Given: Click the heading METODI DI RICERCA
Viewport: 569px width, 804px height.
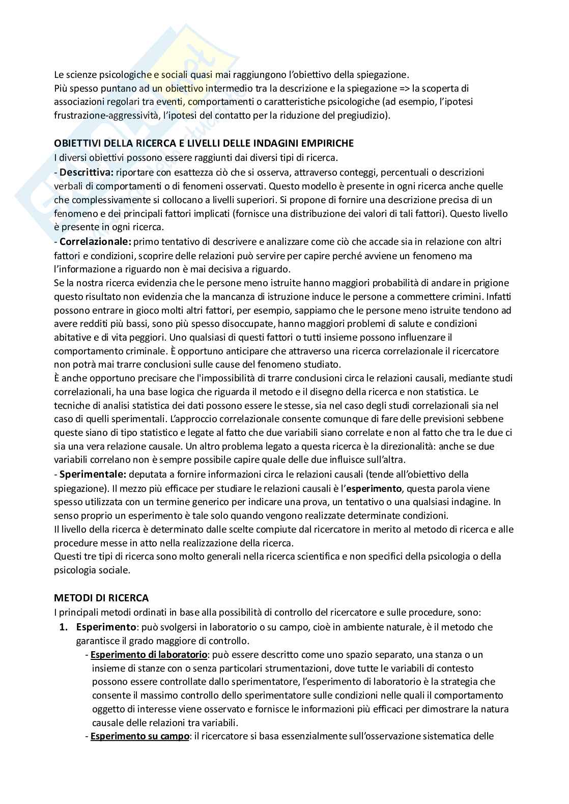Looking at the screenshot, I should click(x=101, y=597).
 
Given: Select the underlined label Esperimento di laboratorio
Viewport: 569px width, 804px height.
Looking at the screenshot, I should click(x=149, y=654).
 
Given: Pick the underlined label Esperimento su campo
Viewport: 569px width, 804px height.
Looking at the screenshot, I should click(x=140, y=736).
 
